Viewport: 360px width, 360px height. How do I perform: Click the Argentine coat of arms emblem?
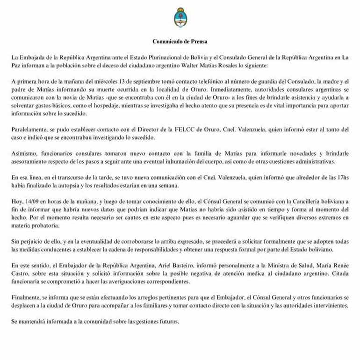tap(180, 17)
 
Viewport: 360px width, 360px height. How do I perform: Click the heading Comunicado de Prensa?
tap(180, 42)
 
